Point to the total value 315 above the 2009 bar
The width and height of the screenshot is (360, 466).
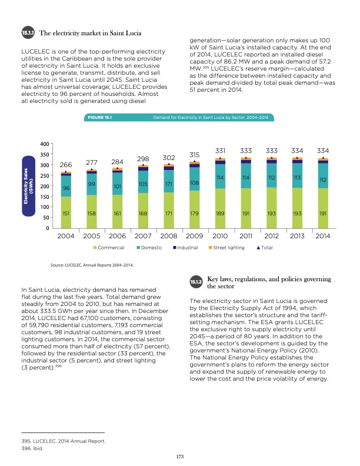194,154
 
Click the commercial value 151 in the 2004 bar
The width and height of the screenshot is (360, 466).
66,214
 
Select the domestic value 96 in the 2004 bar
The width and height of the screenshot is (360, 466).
66,188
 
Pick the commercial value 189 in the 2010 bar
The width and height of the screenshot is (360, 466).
220,214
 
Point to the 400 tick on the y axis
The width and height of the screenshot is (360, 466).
44,145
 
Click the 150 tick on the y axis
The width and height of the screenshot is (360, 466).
44,197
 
